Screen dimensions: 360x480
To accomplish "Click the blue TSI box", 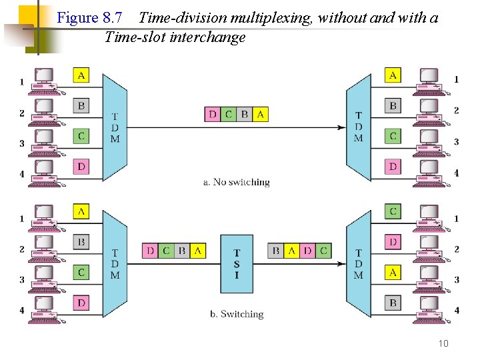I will pyautogui.click(x=237, y=263).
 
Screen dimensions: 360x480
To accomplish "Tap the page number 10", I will pyautogui.click(x=443, y=343).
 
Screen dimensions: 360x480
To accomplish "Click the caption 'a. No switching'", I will pyautogui.click(x=236, y=181).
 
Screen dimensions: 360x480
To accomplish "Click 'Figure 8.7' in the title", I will pyautogui.click(x=87, y=17).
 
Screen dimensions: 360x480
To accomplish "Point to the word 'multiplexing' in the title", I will pyautogui.click(x=273, y=18).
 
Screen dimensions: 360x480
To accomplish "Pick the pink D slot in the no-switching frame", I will pyautogui.click(x=212, y=114).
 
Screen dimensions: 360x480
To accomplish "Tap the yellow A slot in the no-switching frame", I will pyautogui.click(x=260, y=114).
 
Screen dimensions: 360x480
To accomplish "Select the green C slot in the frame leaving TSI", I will pyautogui.click(x=323, y=251).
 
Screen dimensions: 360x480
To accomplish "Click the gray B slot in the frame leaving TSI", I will pyautogui.click(x=275, y=251).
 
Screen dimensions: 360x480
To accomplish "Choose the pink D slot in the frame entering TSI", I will pyautogui.click(x=150, y=251).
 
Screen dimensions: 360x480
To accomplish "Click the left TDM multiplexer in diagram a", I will pyautogui.click(x=115, y=127).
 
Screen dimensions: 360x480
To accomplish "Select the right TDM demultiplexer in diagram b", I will pyautogui.click(x=358, y=265).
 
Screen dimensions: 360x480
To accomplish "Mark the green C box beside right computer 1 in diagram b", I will pyautogui.click(x=393, y=211).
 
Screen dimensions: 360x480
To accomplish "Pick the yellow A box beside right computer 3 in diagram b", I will pyautogui.click(x=393, y=272).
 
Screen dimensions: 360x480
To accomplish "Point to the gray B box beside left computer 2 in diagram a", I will pyautogui.click(x=81, y=105).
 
